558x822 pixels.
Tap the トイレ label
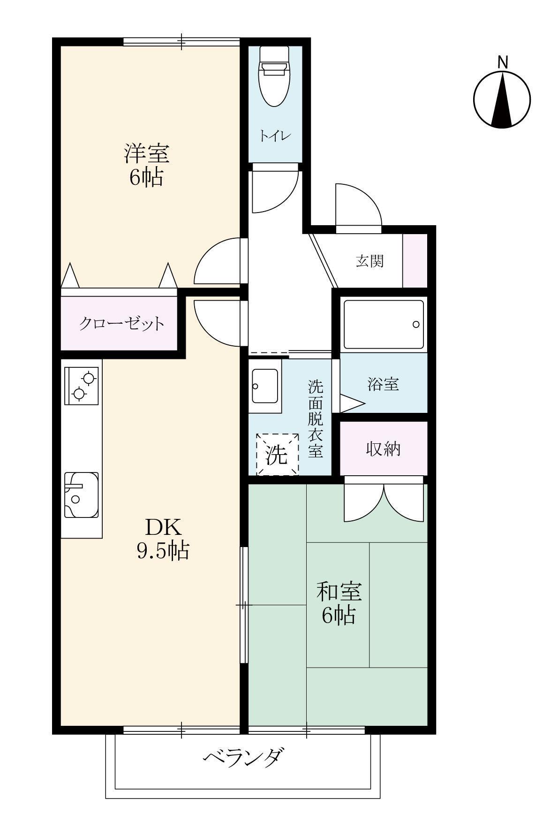(276, 136)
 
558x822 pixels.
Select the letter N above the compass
(502, 61)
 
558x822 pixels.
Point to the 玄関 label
(369, 261)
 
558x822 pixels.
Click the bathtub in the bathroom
(384, 324)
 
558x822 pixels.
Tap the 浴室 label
(383, 384)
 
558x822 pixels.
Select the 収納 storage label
(383, 449)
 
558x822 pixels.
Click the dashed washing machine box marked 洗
(277, 454)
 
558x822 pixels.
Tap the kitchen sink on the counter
(82, 495)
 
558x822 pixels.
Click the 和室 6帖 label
(339, 602)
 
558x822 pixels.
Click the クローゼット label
(121, 323)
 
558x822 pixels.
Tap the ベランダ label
(244, 757)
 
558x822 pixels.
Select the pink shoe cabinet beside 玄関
(415, 260)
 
